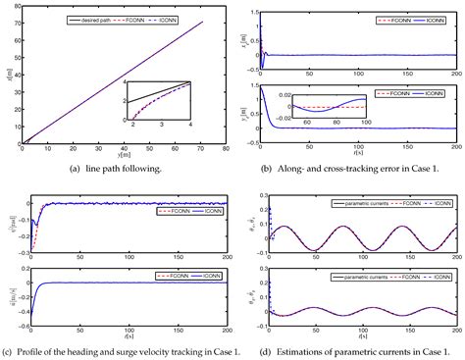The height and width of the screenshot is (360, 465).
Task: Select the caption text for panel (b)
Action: tap(349, 167)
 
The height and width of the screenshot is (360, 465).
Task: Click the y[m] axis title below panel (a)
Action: tap(116, 155)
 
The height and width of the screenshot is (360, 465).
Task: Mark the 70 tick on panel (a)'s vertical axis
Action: tap(14, 24)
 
